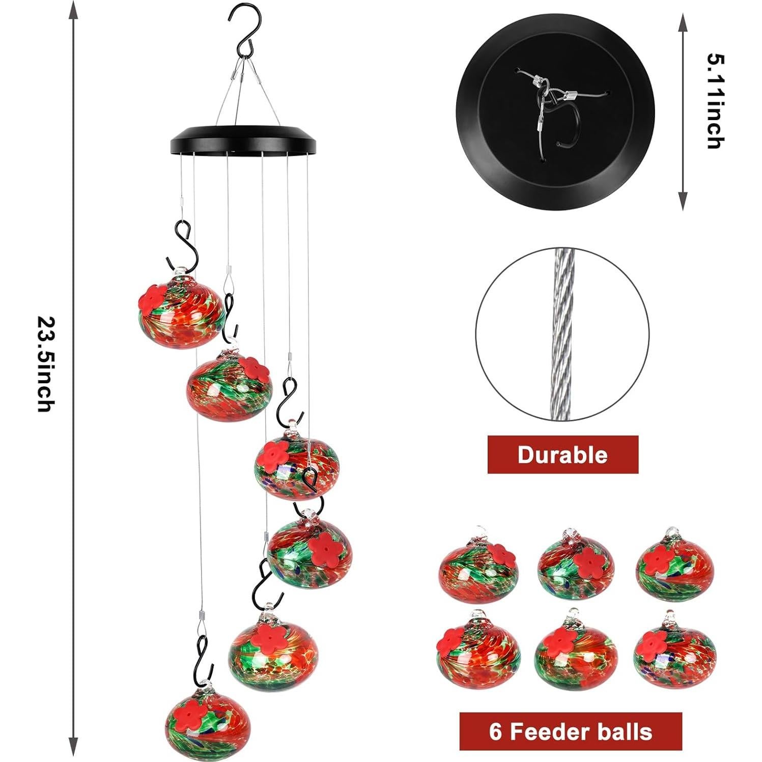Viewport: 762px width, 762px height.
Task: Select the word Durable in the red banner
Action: [x=562, y=455]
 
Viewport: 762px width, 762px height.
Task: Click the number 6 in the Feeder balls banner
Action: [x=496, y=731]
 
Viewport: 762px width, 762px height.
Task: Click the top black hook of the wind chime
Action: [x=243, y=31]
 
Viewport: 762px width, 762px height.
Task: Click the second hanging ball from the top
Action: [x=230, y=385]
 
